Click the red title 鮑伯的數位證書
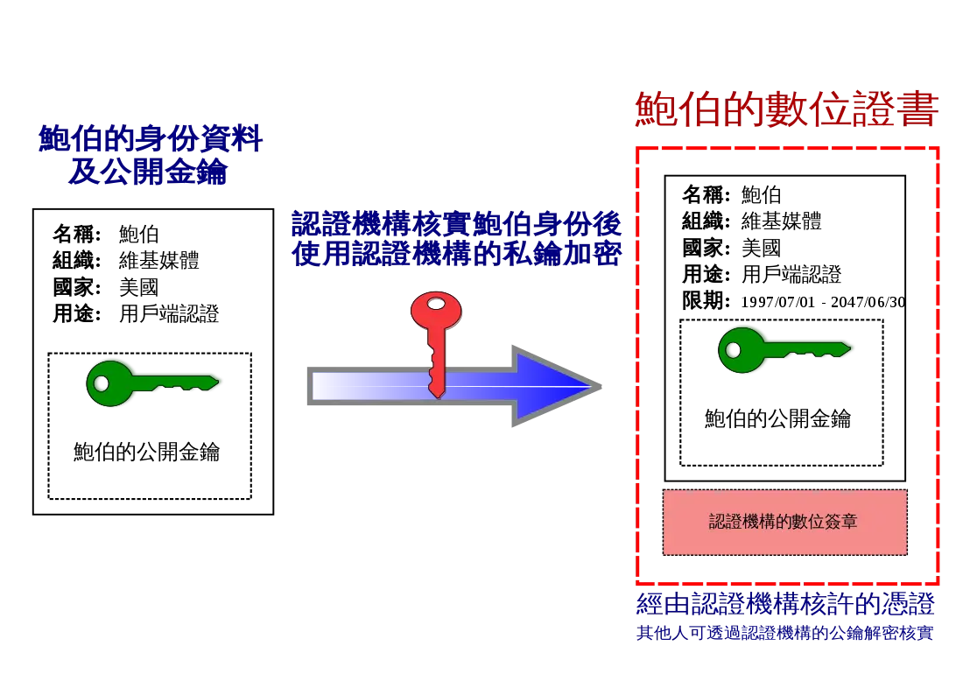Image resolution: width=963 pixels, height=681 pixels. pos(785,112)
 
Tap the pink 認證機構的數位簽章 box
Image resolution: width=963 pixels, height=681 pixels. pos(784,523)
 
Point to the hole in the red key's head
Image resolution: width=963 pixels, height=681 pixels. pos(435,305)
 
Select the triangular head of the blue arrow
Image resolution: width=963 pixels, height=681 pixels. pos(552,386)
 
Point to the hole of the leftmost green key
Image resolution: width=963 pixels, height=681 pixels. pos(103,383)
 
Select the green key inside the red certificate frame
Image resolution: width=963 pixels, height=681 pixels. pos(783,349)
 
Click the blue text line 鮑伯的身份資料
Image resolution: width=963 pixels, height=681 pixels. pos(151,140)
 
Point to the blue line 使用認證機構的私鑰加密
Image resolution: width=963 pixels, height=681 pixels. pos(455,254)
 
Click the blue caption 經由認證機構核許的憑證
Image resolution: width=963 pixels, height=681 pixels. pos(784,606)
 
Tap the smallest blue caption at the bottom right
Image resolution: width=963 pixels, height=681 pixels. pos(784,633)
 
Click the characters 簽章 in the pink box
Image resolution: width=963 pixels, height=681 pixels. pos(839,523)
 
